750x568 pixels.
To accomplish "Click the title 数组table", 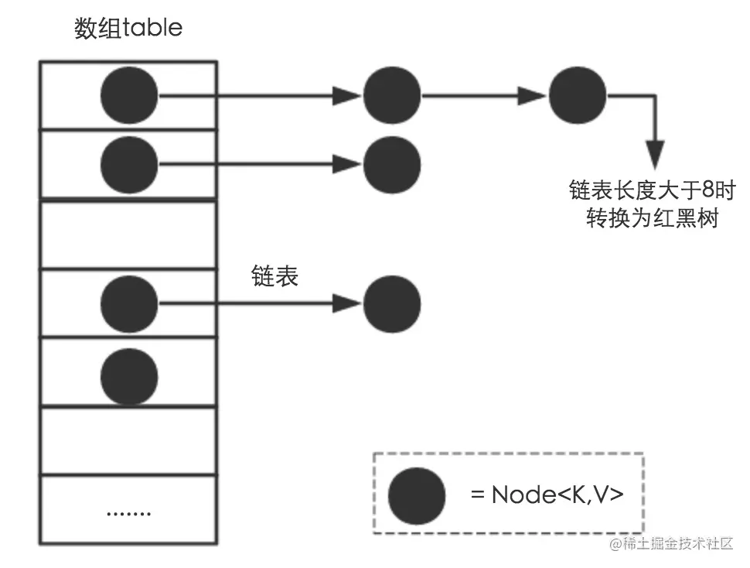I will (x=128, y=29).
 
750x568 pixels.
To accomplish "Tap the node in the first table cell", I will (x=129, y=96).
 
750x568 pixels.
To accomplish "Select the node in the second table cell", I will (x=129, y=163).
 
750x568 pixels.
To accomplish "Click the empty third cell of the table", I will (x=128, y=234).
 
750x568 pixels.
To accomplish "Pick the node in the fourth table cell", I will (x=129, y=303).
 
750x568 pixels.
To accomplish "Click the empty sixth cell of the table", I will (x=128, y=441).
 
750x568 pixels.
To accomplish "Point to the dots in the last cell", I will (x=128, y=513).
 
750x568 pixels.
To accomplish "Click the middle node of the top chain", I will (x=392, y=96).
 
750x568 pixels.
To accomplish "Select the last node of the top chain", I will (x=578, y=96).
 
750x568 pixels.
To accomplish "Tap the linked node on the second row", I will (x=392, y=163).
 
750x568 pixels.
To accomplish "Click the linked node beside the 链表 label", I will (x=392, y=303).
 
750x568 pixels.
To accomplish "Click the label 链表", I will (x=275, y=277).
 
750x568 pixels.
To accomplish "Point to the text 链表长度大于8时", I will (x=653, y=190).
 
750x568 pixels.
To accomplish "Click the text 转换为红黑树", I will (x=653, y=219).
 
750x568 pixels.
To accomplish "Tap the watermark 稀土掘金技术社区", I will (x=670, y=545).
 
